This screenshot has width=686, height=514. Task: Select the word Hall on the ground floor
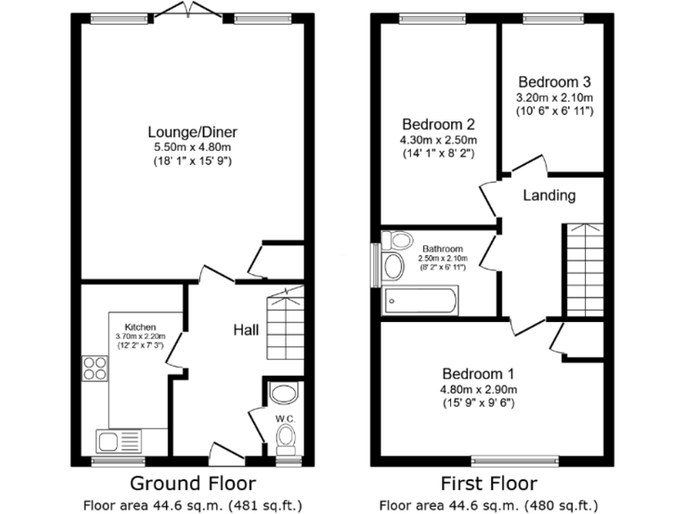(247, 330)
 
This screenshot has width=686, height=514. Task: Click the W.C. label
(285, 417)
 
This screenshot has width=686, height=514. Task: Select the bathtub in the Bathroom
(420, 301)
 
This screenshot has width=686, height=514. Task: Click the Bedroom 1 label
(477, 373)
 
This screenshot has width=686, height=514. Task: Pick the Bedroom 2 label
(438, 124)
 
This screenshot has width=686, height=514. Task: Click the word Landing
(548, 195)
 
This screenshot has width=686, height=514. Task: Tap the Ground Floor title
(193, 484)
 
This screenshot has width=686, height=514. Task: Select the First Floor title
(489, 484)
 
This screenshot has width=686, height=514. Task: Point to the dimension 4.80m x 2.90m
(477, 389)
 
